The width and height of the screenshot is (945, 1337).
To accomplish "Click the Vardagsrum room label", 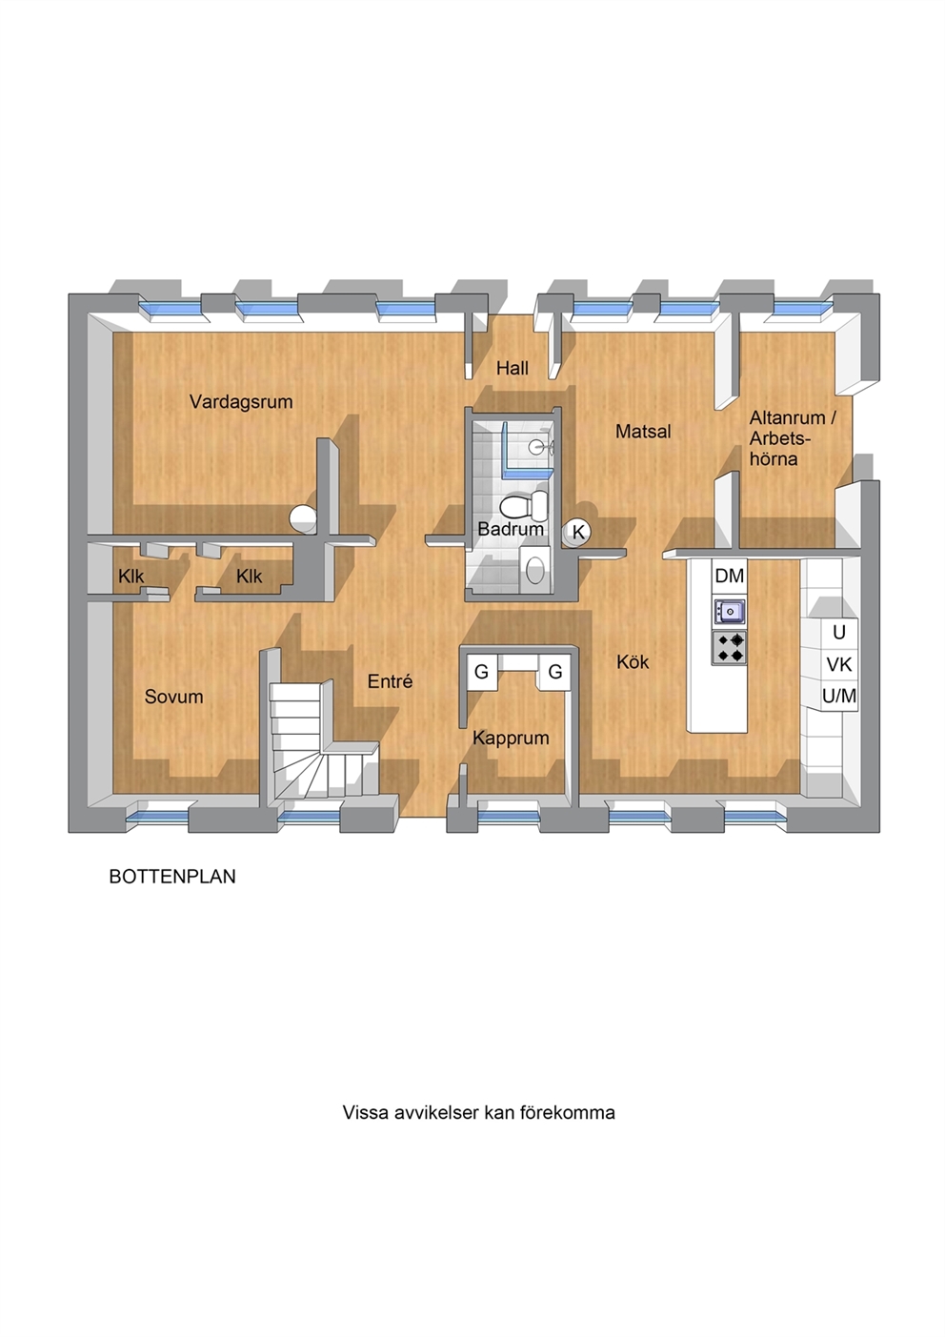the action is tap(241, 402).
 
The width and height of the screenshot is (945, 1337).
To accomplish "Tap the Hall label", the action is tap(513, 368).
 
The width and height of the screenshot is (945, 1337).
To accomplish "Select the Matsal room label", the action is tap(643, 431).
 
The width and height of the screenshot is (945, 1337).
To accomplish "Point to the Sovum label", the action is tap(173, 697).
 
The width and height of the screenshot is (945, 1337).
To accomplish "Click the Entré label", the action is tap(391, 681).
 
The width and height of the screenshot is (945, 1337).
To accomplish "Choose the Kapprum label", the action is tap(511, 739).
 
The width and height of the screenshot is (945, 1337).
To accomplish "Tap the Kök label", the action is tap(633, 661).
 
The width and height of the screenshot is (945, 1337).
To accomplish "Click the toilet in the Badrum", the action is tap(524, 506).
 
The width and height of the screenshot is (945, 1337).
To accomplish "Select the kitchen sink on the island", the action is tap(730, 611).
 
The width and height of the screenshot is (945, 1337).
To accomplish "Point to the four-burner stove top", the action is tap(730, 648).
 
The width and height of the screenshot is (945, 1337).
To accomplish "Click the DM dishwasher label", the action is tap(730, 576).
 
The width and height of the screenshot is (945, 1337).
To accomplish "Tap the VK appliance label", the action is tap(839, 664).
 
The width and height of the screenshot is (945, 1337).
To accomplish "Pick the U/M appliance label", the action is tap(839, 696).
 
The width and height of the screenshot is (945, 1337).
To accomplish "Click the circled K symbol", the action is tap(578, 532).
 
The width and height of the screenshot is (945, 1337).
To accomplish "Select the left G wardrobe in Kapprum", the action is tap(481, 672).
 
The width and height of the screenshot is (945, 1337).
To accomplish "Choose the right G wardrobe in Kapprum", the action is tap(554, 672).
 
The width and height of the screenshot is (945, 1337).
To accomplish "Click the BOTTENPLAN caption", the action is tap(172, 876).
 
